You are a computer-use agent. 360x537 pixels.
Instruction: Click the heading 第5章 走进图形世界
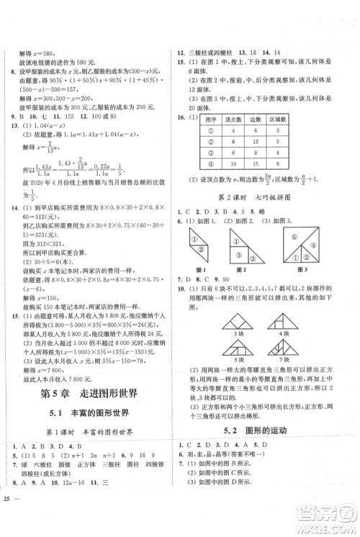coord(91,394)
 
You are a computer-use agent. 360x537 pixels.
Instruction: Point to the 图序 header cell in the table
coord(210,119)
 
